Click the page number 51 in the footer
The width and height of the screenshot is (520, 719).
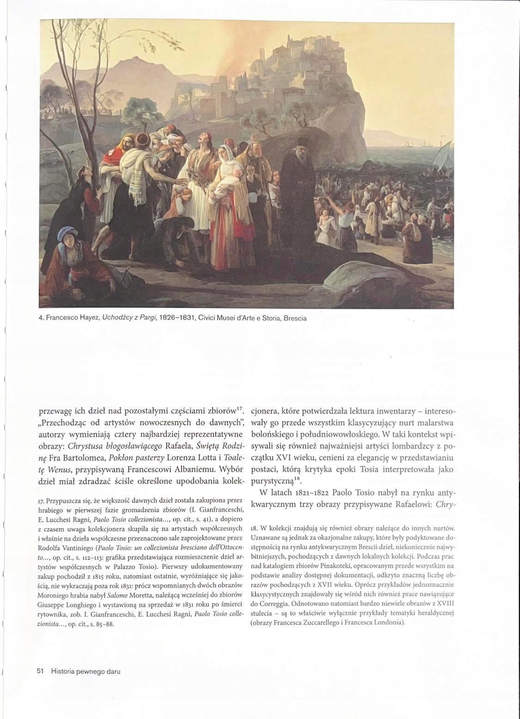point(40,671)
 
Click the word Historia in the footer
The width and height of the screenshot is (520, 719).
point(63,671)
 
